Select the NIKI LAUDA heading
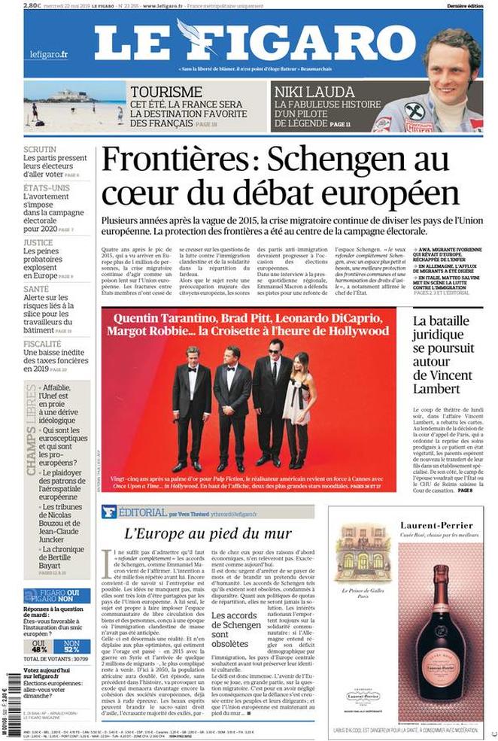pos(303,90)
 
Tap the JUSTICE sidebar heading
pos(38,243)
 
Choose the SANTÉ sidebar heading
pos(36,289)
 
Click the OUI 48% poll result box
pos(38,644)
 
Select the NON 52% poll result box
pos(71,644)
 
